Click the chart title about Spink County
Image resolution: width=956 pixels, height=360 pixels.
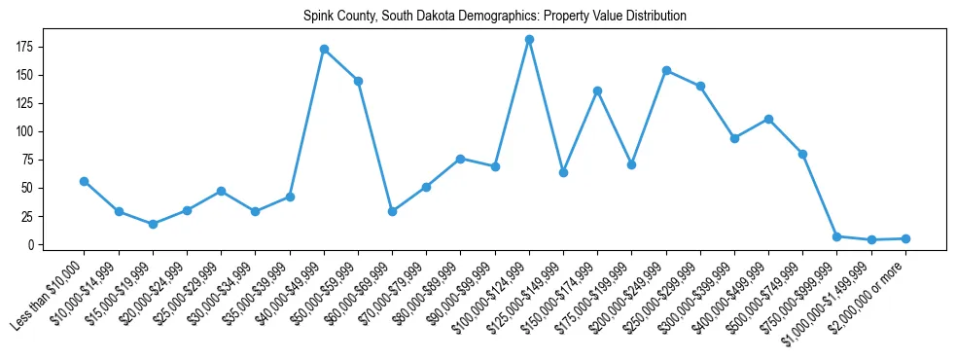[x=494, y=16]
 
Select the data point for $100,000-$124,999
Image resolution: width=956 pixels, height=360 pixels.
[x=529, y=40]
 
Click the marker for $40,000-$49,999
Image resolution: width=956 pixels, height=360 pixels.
[x=324, y=49]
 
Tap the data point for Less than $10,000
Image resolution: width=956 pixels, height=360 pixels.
[x=85, y=181]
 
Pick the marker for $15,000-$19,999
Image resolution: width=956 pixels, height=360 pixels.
[x=153, y=224]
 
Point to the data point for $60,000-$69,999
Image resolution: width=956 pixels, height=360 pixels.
[x=392, y=211]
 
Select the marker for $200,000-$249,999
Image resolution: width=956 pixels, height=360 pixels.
[x=666, y=70]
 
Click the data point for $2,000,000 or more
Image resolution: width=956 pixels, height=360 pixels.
[x=905, y=238]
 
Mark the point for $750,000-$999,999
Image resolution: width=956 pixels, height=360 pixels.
[x=837, y=236]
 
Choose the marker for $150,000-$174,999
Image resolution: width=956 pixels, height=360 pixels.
[x=597, y=90]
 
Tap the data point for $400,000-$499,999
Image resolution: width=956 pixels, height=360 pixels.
[x=768, y=119]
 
